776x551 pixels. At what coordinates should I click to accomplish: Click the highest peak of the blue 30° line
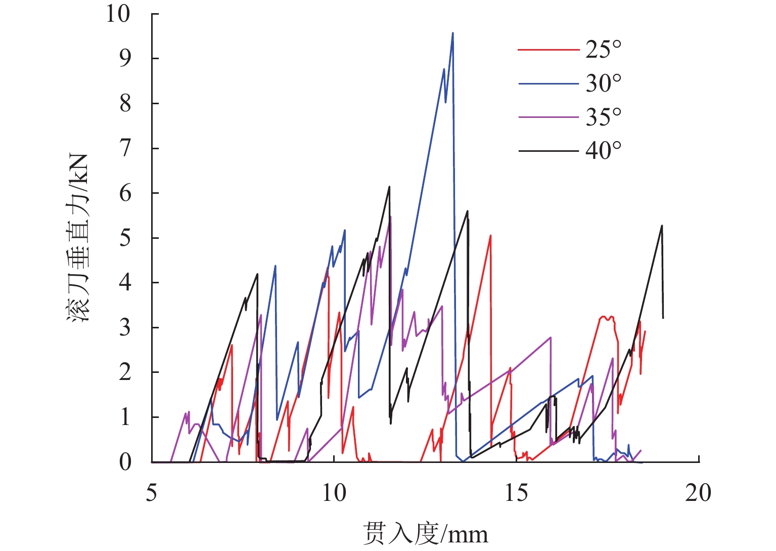click(452, 33)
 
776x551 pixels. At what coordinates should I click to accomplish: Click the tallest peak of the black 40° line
click(389, 187)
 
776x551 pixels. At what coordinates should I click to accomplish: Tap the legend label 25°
click(603, 50)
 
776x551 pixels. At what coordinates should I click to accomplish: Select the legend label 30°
click(603, 83)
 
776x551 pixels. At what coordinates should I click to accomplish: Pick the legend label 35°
click(603, 117)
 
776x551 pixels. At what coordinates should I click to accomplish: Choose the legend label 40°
click(603, 150)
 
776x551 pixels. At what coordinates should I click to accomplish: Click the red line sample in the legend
click(549, 50)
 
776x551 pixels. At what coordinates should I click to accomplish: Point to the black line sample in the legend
click(549, 151)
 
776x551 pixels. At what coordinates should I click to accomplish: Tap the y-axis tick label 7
click(125, 148)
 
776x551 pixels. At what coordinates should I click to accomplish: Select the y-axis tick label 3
click(125, 327)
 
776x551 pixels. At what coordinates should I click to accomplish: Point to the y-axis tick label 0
click(125, 462)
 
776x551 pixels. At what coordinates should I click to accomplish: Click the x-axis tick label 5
click(152, 492)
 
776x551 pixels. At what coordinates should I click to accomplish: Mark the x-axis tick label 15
click(516, 492)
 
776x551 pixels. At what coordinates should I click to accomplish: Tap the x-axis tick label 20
click(698, 492)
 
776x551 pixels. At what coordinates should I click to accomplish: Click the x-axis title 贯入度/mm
click(426, 533)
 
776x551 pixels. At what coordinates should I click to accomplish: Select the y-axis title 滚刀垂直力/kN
click(78, 238)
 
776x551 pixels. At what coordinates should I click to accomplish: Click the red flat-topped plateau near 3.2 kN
click(606, 318)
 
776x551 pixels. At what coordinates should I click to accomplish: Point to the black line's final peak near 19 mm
click(662, 226)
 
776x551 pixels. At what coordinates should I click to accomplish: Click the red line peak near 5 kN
click(490, 235)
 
